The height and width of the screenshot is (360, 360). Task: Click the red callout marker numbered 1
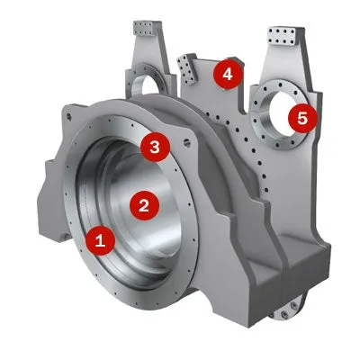click(101, 239)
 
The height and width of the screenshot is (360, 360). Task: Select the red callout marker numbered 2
click(142, 204)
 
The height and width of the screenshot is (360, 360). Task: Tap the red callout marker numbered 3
click(155, 146)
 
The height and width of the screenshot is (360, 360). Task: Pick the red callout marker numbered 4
click(228, 74)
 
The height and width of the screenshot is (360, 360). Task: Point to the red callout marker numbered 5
click(302, 117)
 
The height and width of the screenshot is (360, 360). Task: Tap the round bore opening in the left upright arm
click(149, 85)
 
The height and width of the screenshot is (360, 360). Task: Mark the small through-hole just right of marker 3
click(185, 142)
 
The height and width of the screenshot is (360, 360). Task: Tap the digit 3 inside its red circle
click(155, 146)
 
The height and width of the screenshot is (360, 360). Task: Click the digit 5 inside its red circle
click(302, 117)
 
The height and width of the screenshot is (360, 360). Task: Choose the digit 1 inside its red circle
click(101, 239)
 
